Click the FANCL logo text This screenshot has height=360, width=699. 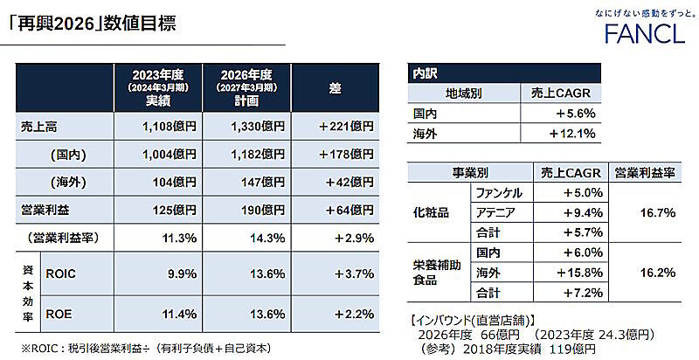[643, 34]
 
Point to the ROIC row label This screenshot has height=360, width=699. [61, 273]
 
